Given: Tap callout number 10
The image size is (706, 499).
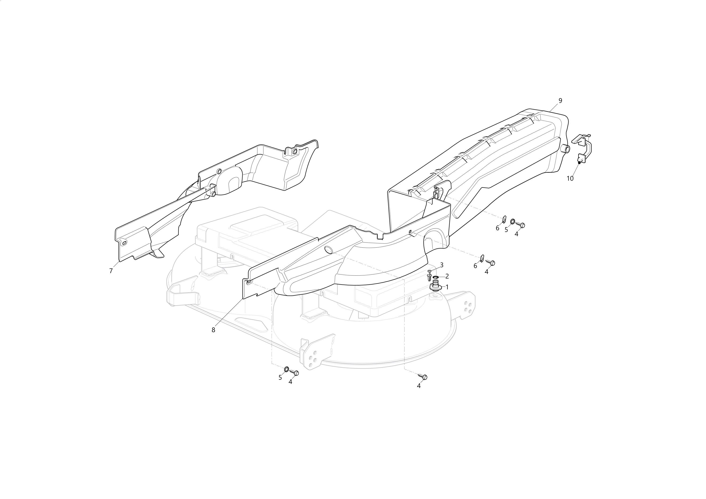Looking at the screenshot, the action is click(570, 178).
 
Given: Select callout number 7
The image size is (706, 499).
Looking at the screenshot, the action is click(111, 271).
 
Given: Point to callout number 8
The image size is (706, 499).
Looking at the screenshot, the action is click(213, 330).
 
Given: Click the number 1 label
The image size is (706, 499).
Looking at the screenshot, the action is click(447, 287).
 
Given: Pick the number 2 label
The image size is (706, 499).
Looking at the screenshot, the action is click(447, 276).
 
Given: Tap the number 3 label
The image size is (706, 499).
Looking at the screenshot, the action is click(441, 265).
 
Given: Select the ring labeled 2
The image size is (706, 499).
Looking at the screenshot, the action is click(435, 277).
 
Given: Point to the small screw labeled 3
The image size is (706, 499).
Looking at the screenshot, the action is click(429, 275).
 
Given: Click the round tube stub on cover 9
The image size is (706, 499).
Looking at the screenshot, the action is click(566, 149).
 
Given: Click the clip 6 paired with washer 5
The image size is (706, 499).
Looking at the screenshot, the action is click(504, 219).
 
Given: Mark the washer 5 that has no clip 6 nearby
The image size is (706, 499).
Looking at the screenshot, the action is click(286, 369).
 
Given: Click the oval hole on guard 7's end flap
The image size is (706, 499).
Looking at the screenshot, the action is click(124, 243).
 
